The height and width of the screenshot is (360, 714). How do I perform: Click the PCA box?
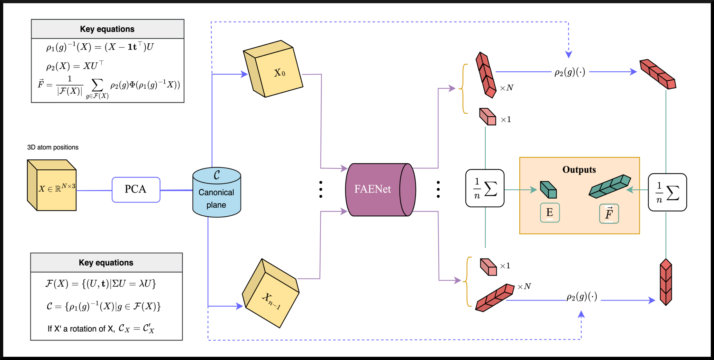pyautogui.click(x=136, y=190)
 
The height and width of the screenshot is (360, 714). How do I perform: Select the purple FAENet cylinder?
pyautogui.click(x=380, y=190)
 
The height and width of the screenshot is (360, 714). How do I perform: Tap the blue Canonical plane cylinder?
pyautogui.click(x=216, y=193)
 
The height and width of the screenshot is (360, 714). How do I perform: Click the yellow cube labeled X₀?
pyautogui.click(x=273, y=69)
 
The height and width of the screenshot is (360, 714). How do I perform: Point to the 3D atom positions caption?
pyautogui.click(x=53, y=147)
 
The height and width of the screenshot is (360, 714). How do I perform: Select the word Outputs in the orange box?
pyautogui.click(x=579, y=170)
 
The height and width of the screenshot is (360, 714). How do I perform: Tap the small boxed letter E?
pyautogui.click(x=550, y=213)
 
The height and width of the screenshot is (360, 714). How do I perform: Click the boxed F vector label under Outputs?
pyautogui.click(x=609, y=214)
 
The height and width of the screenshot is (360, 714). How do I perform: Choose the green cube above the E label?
pyautogui.click(x=548, y=190)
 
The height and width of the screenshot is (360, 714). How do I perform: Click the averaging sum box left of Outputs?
pyautogui.click(x=485, y=188)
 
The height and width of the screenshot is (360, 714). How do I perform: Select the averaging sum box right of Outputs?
pyautogui.click(x=667, y=192)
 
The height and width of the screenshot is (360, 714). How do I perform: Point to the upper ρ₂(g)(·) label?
pyautogui.click(x=570, y=72)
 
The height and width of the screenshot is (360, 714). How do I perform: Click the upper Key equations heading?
pyautogui.click(x=107, y=29)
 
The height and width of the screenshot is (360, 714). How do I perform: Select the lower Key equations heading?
pyautogui.click(x=106, y=263)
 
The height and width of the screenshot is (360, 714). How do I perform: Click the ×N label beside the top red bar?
pyautogui.click(x=507, y=88)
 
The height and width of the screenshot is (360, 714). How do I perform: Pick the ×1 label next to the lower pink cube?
pyautogui.click(x=505, y=266)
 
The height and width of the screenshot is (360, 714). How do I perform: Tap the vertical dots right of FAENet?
pyautogui.click(x=438, y=189)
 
